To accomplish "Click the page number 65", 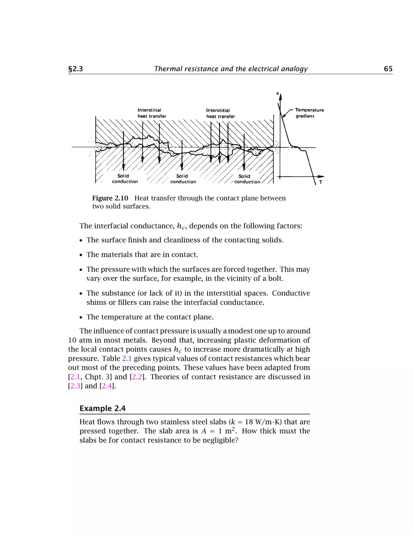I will pos(388,69).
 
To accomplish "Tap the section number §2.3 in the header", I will pos(76,69).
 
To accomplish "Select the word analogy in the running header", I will pos(293,69).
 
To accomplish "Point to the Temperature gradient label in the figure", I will pos(309,113).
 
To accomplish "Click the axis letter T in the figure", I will pos(320,183).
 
